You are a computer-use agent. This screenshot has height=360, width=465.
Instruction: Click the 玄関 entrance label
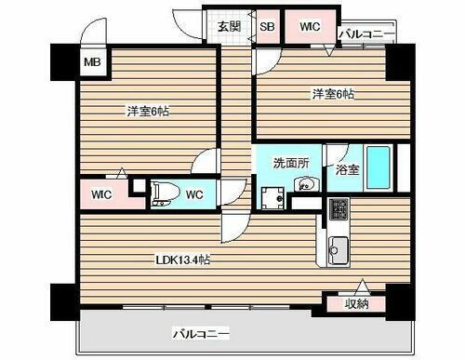coord(230,26)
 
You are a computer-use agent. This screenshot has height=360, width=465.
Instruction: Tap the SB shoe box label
coord(267,26)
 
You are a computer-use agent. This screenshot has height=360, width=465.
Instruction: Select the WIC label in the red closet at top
coord(310,26)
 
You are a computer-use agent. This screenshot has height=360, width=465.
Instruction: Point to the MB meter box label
coord(92,63)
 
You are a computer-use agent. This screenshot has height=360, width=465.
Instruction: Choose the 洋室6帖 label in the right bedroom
coord(332,94)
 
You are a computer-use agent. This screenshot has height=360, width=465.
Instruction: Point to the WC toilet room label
coord(194,194)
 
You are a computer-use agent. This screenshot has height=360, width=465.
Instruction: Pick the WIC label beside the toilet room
coord(102,194)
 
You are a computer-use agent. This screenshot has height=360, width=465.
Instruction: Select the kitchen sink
coord(336,249)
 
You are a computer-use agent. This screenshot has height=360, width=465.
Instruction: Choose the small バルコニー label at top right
coord(366,34)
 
